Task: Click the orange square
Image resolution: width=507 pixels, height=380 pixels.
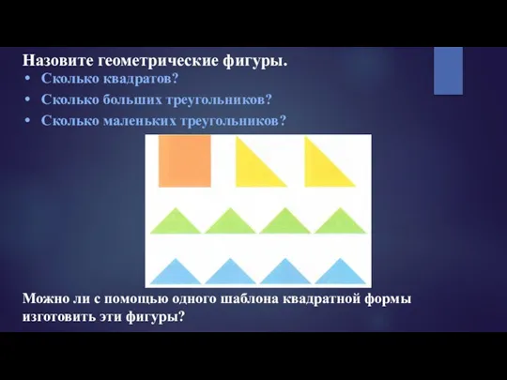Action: pos(184,162)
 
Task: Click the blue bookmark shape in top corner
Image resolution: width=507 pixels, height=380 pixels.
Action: pos(448,69)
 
